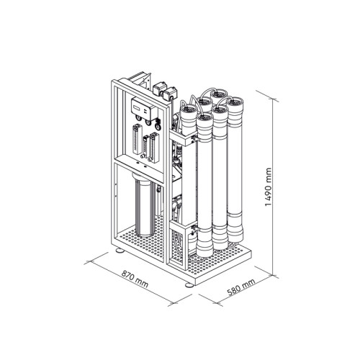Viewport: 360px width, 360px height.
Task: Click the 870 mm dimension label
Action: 135,279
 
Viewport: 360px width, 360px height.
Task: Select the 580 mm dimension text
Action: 240,288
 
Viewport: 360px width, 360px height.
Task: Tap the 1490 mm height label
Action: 269,187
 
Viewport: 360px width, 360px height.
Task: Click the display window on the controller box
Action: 138,107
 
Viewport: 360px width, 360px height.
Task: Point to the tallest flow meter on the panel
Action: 137,139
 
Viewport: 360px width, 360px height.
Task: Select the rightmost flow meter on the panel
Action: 153,147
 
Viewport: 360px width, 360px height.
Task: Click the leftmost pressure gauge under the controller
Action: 139,118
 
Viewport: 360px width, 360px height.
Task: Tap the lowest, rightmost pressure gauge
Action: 158,127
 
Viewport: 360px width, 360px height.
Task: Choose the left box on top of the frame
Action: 158,89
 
